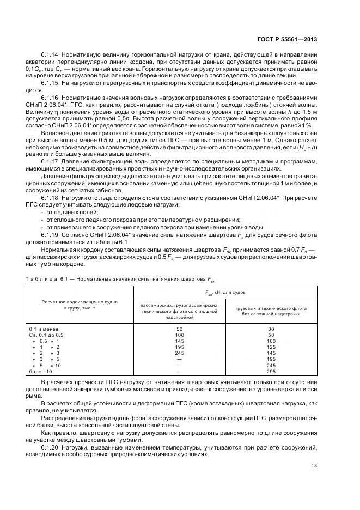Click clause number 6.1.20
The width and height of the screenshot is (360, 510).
coord(50,446)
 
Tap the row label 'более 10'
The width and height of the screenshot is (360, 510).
coord(40,371)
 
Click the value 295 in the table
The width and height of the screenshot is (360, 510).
coord(271,371)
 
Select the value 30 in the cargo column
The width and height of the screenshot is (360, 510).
coord(271,329)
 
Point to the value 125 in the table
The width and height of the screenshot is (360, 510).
coord(271,347)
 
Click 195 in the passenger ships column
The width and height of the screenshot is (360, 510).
coord(179,347)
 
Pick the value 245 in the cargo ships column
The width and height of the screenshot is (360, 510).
coord(271,365)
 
